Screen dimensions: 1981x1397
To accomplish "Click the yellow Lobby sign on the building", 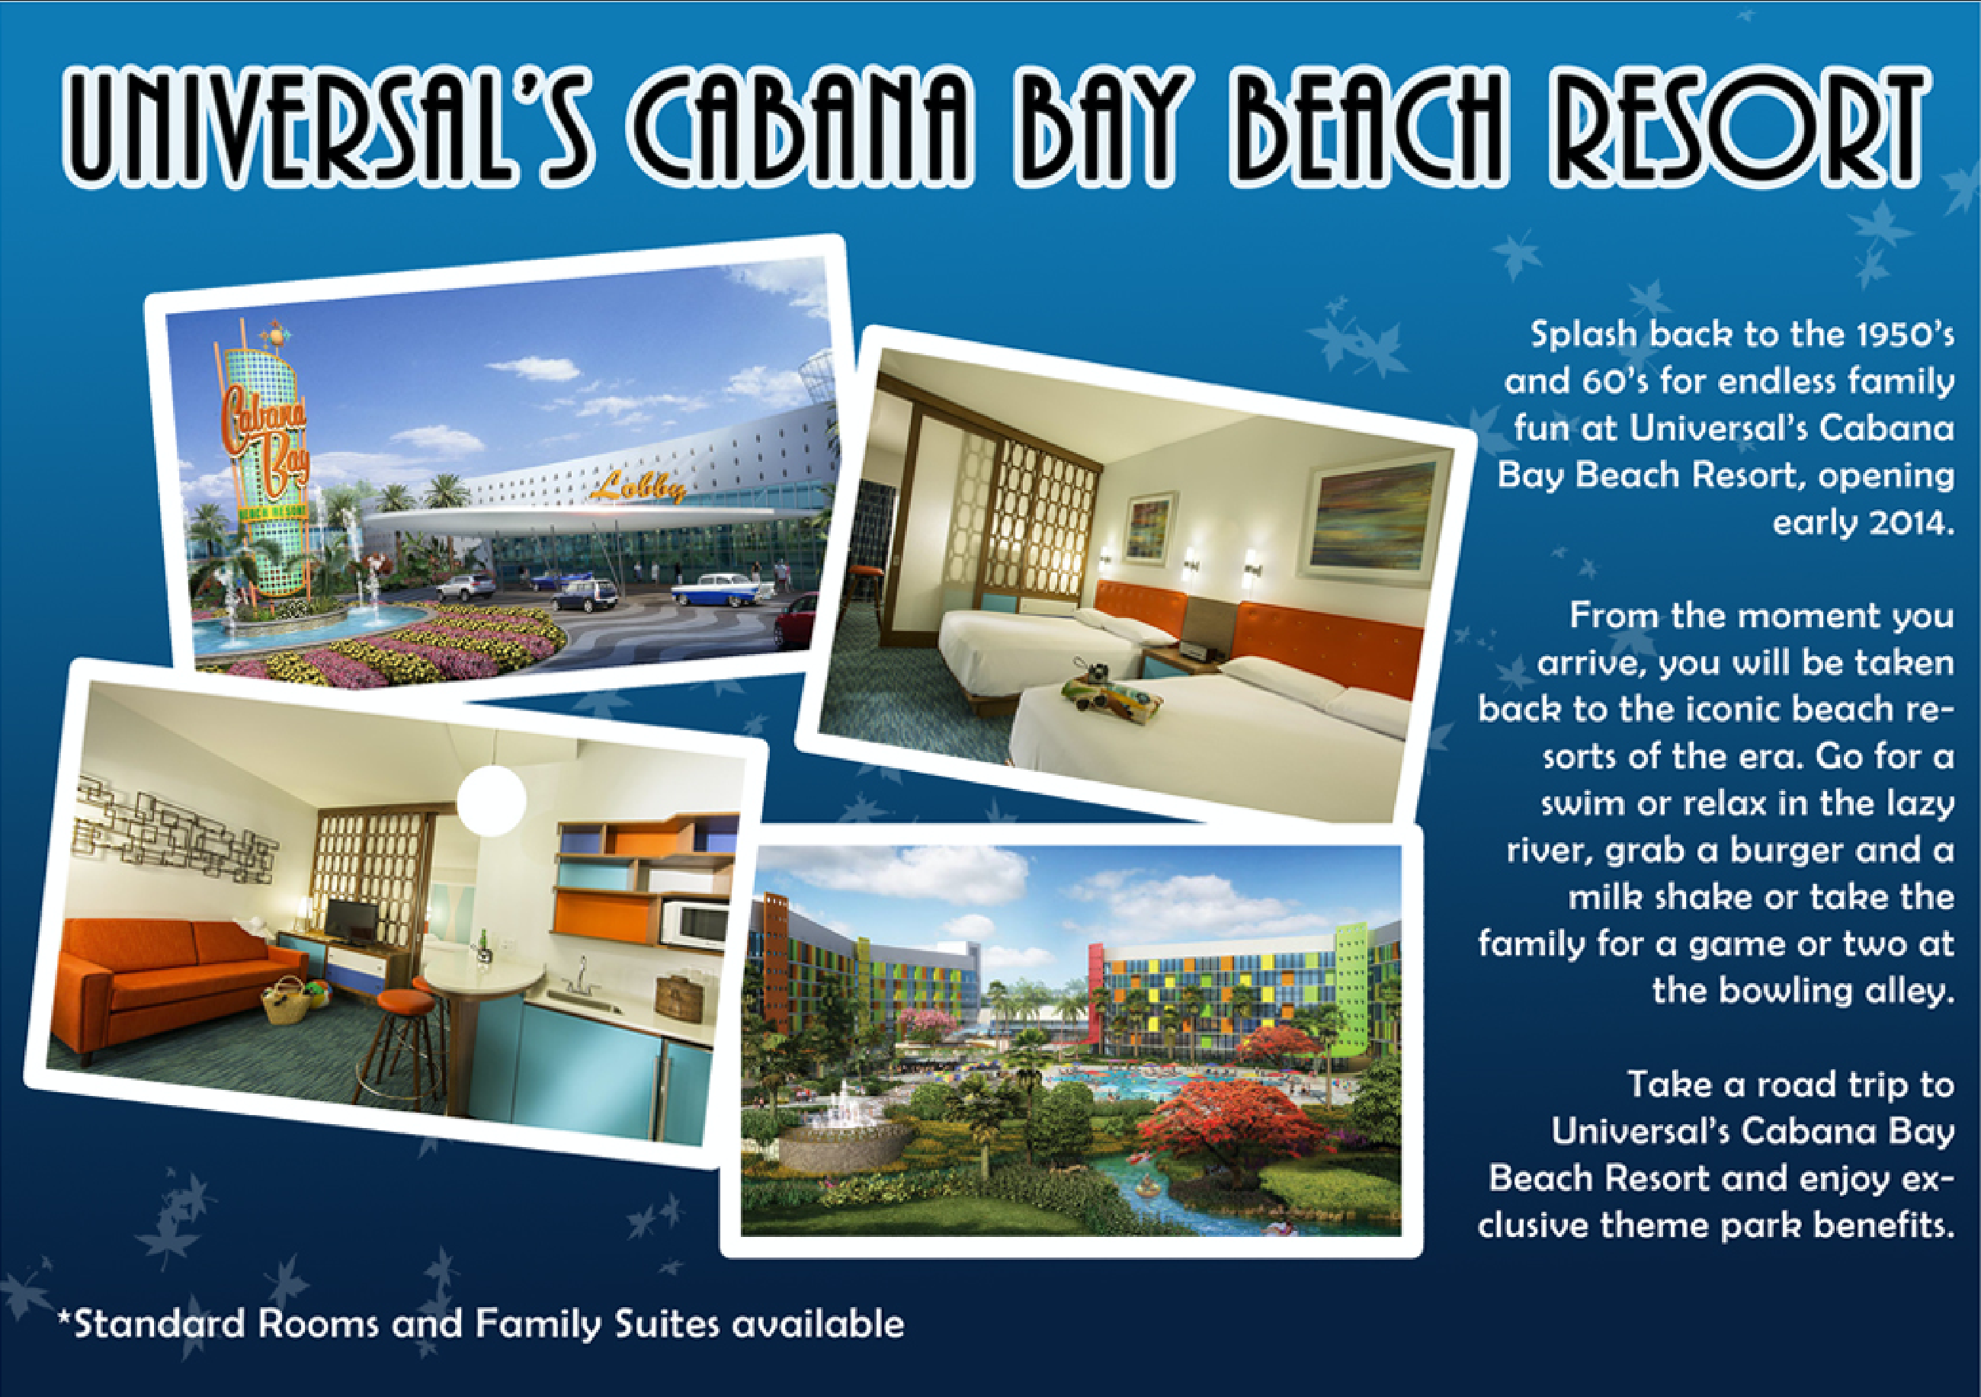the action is tap(639, 488).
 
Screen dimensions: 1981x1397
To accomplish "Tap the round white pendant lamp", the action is tap(491, 798).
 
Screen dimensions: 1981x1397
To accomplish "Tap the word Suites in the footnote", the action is tap(665, 1324).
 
